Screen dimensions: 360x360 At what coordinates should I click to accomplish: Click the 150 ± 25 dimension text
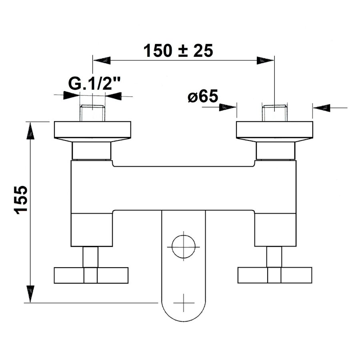point(178,51)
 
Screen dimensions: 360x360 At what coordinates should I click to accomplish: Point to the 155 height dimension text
point(21,200)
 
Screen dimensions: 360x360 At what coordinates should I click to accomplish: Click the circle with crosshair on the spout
point(184,247)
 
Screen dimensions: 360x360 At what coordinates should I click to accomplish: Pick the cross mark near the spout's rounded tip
point(184,303)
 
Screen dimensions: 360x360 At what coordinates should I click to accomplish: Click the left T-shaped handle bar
point(91,275)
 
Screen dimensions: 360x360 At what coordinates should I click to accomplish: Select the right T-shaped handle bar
point(275,275)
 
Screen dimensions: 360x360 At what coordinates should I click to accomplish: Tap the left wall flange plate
point(92,130)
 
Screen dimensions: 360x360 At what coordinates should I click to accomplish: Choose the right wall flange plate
point(274,130)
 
